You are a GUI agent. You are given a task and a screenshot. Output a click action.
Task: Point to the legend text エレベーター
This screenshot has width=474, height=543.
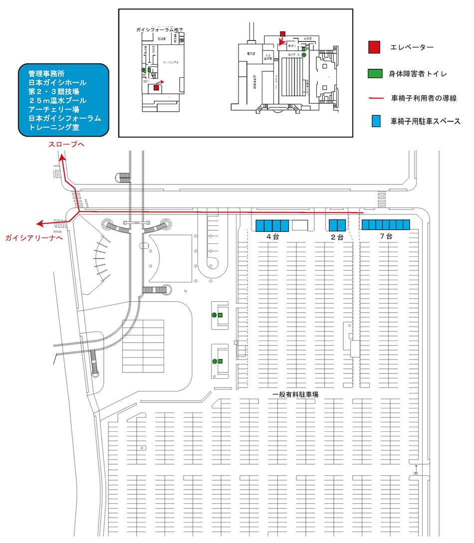pos(412,48)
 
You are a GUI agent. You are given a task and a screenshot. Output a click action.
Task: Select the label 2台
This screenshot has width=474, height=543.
pos(338,237)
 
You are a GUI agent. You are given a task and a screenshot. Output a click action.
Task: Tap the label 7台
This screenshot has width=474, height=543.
pos(385,237)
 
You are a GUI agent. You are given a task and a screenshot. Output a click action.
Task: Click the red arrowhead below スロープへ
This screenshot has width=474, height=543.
pos(62,158)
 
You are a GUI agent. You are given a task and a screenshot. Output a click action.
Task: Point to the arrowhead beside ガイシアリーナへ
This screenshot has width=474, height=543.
pos(39,223)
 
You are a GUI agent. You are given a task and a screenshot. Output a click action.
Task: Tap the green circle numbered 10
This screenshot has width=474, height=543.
pos(214,315)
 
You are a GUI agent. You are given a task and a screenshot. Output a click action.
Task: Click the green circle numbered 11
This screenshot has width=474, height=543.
pos(214,362)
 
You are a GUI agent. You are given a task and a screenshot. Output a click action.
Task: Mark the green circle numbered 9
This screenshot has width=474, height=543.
pos(303,55)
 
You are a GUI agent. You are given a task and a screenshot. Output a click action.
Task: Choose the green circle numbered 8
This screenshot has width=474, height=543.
pos(144,70)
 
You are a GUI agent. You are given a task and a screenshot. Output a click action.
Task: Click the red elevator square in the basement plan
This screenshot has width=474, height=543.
pos(156,87)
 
